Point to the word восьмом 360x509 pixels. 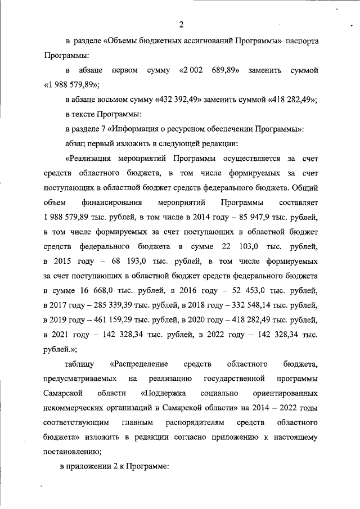click(112, 100)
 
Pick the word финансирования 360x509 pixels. click(111, 202)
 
